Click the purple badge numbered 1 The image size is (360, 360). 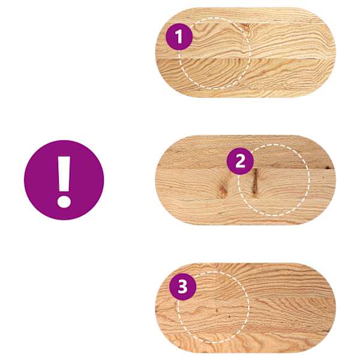point(179,37)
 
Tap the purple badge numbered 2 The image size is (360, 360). point(240,161)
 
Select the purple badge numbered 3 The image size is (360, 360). point(183,287)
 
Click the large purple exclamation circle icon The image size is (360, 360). point(64,180)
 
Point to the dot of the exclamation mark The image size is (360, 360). point(64,202)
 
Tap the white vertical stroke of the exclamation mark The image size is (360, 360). point(64,174)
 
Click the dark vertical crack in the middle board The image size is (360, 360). point(255,182)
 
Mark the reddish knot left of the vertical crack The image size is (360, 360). point(223,190)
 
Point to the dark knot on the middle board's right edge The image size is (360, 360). point(328,167)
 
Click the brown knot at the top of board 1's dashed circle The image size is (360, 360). point(245,28)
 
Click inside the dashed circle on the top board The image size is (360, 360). point(214,53)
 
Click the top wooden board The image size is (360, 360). point(245,52)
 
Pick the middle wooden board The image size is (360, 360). point(245,179)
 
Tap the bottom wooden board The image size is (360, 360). point(245,308)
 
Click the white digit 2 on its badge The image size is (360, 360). point(240,161)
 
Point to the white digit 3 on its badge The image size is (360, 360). point(183,287)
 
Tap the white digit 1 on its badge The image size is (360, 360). point(179,37)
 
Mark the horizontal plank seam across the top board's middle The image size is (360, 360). point(245,59)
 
